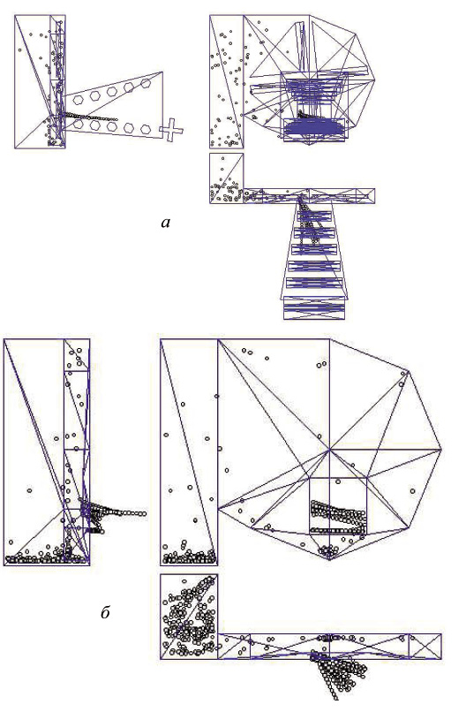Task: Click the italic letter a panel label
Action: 166,223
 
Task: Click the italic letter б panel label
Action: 105,612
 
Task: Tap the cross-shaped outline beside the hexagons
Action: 171,129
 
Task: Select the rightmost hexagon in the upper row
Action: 146,83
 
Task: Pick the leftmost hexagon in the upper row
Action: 78,99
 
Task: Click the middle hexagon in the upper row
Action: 112,91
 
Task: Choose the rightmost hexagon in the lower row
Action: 146,129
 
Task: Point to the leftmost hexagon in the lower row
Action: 78,123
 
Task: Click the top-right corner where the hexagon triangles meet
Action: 162,72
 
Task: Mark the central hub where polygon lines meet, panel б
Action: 329,450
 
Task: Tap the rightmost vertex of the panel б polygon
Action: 441,450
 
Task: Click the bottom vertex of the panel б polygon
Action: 329,560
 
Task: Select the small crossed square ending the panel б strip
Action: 425,646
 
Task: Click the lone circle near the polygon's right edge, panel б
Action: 412,491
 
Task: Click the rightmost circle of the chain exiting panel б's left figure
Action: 144,513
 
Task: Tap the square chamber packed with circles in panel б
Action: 189,617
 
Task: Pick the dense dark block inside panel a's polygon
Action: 313,126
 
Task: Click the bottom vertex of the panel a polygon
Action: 310,145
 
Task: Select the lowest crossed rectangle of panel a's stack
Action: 314,308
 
